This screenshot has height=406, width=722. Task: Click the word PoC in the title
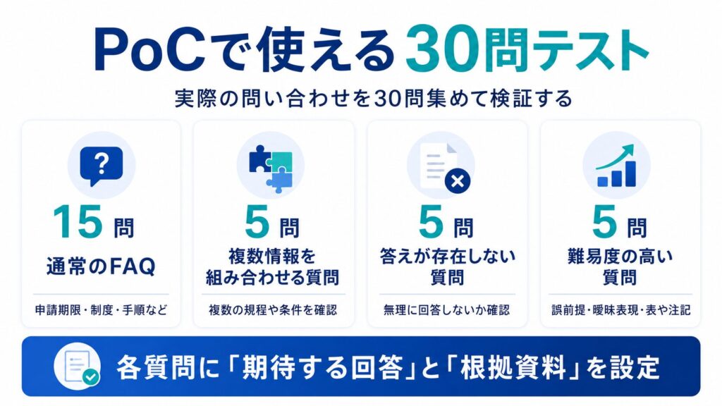click(x=150, y=50)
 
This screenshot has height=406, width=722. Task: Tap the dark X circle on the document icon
click(x=457, y=181)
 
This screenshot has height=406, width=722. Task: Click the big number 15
click(x=78, y=222)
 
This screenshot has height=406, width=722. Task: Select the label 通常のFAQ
click(x=101, y=266)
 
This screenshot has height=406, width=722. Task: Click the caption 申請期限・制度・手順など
click(x=101, y=310)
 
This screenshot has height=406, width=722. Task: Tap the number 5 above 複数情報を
click(x=257, y=222)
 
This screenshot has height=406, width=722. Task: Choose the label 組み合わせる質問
click(x=273, y=278)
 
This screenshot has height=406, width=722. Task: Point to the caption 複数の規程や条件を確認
click(x=273, y=310)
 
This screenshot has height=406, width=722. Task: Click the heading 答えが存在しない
click(x=447, y=257)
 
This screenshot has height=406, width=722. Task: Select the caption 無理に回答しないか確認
click(x=446, y=310)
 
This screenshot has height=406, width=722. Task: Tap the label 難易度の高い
click(x=620, y=257)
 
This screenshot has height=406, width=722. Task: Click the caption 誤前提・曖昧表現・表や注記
click(x=620, y=310)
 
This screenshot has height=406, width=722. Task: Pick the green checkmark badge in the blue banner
click(x=91, y=377)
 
